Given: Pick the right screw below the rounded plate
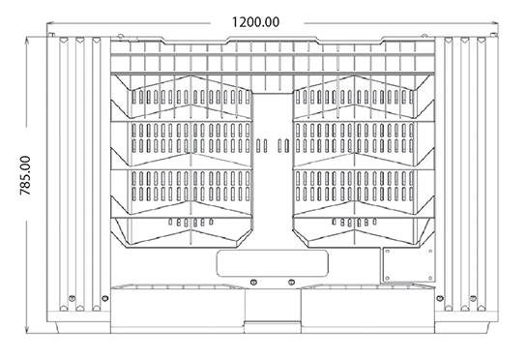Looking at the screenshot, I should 291,282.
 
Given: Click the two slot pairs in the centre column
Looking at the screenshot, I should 272,145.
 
